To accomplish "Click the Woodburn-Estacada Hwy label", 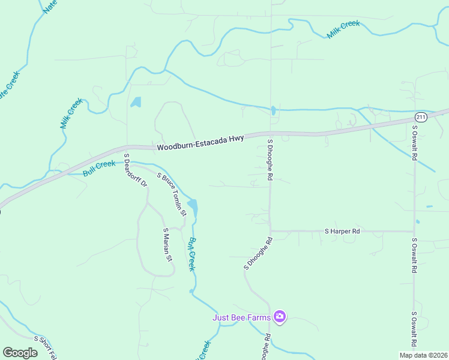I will (200, 143).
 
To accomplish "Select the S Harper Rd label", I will (342, 231).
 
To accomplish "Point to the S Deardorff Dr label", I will (135, 170).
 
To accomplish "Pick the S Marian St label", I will (167, 245).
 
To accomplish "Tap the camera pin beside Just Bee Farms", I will (279, 316).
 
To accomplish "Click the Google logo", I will (20, 352).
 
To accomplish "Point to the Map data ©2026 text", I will (423, 355).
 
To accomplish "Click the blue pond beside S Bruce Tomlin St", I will (193, 208).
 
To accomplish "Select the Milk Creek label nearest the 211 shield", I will (343, 29).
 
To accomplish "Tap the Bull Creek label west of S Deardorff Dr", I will (98, 168).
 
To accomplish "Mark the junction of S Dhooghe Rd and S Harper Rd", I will (270, 230).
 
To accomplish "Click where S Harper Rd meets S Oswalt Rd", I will (414, 231).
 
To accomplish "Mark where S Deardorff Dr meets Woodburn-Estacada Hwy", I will (126, 146).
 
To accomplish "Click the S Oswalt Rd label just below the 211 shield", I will (414, 143).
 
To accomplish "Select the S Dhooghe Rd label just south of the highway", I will (270, 160).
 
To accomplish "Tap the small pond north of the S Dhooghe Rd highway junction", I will (273, 110).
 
